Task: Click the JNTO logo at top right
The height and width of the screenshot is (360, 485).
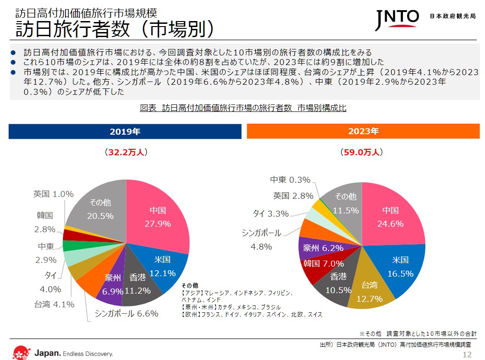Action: tap(397, 18)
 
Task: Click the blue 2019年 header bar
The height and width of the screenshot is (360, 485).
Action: tap(125, 131)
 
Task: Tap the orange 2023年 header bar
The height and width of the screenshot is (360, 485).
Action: tap(363, 131)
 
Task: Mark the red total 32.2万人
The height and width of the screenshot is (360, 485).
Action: tap(125, 152)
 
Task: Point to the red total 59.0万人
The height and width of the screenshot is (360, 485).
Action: tap(362, 152)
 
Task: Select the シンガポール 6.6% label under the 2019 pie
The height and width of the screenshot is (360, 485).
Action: tap(127, 314)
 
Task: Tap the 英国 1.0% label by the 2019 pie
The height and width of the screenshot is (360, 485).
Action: tap(54, 194)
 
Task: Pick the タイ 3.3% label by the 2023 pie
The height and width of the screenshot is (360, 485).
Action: tap(271, 213)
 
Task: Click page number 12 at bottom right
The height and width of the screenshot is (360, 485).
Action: tap(467, 355)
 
